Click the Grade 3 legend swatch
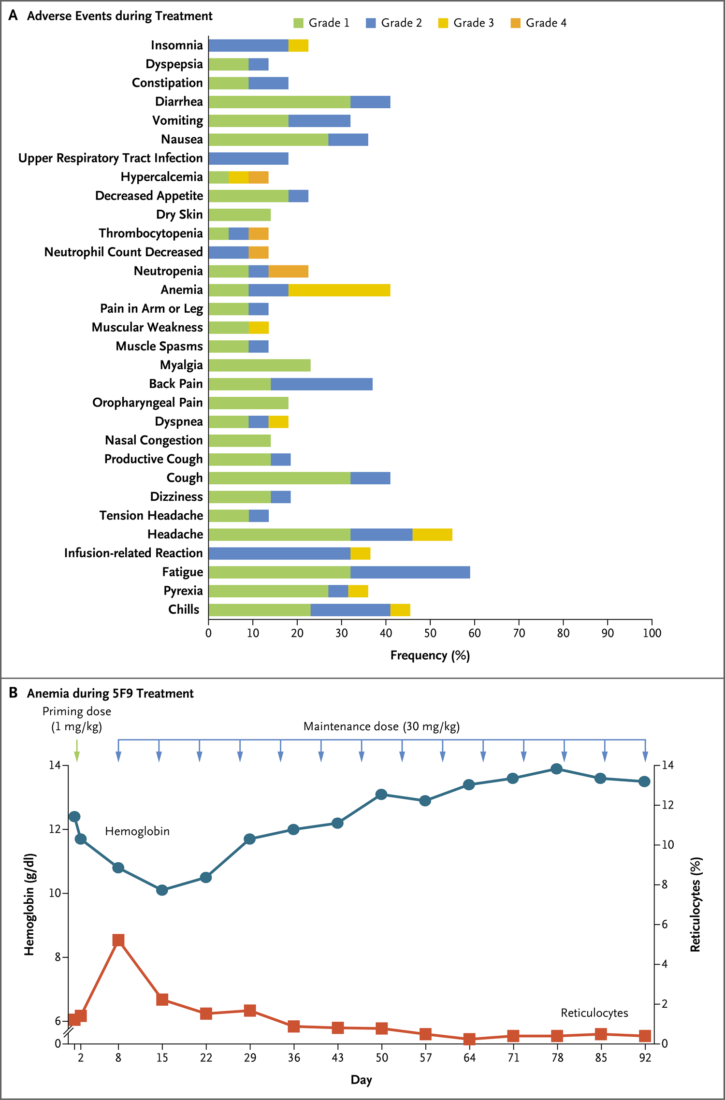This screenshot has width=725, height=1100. pos(443,23)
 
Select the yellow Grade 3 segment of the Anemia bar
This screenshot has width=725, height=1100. pos(339,290)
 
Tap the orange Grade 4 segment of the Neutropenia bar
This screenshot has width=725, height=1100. pos(289,271)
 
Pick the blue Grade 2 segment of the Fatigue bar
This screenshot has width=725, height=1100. pos(410,572)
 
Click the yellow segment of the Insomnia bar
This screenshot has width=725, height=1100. pos(298,45)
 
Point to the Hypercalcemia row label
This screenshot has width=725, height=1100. pos(161,177)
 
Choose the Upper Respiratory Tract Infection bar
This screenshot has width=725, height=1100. pos(248,159)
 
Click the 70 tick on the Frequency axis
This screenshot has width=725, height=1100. pos(519,633)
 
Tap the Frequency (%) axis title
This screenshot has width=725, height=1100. pos(430,656)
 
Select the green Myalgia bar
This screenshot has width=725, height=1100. pos(260,365)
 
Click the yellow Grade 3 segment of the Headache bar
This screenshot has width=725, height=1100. pos(433,535)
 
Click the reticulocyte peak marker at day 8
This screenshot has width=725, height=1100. pos(118,940)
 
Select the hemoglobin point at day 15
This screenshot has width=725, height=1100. pos(162,890)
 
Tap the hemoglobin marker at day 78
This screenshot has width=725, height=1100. pos(557,768)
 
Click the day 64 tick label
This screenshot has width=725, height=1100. pos(469,1057)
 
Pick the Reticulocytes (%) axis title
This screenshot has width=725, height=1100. pos(695,905)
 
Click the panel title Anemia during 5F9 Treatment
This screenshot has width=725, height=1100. pos(110,694)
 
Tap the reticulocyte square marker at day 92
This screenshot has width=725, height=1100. pos(645,1036)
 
